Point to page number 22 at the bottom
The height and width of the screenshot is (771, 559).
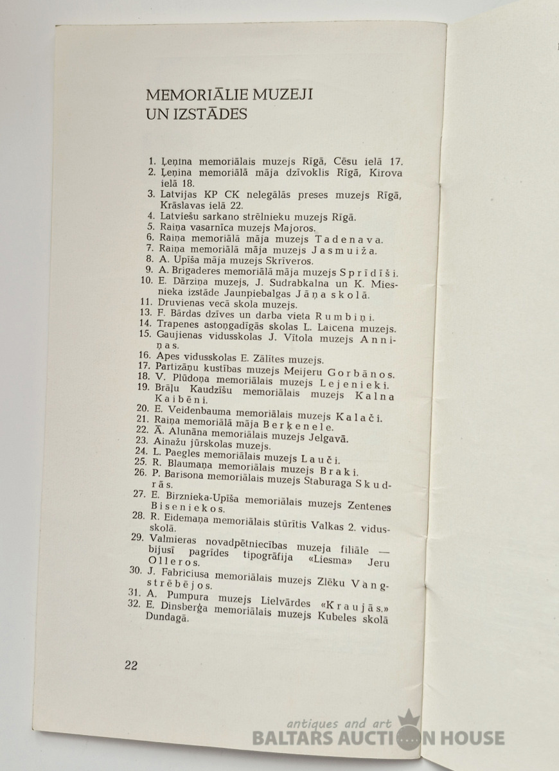coord(131,665)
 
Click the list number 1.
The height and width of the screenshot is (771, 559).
coord(152,162)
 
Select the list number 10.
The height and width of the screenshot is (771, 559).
coord(146,281)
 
